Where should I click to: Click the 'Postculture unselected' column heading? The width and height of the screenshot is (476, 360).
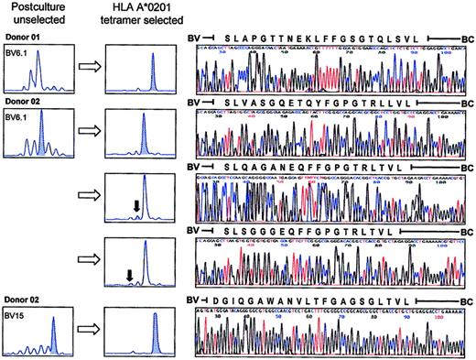pyautogui.click(x=32, y=15)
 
